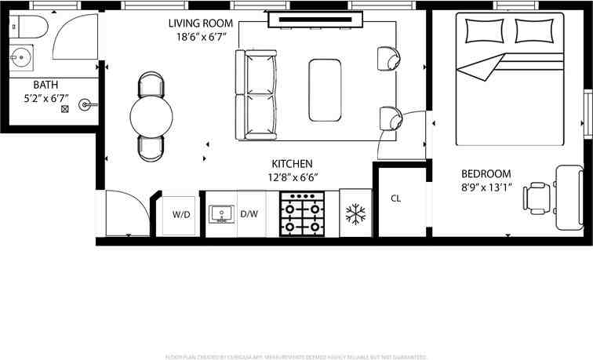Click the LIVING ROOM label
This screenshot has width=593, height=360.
[202, 23]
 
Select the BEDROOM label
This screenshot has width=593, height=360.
[486, 174]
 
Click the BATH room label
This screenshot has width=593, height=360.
[45, 85]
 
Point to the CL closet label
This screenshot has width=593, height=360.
[396, 198]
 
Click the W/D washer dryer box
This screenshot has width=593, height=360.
[181, 213]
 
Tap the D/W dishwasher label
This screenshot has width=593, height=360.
[249, 213]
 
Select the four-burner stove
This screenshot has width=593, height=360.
[303, 213]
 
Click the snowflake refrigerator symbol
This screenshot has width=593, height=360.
[355, 213]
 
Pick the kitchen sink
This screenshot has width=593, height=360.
[220, 213]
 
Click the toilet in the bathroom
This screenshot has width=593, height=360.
[26, 29]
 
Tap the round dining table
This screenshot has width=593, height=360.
[151, 117]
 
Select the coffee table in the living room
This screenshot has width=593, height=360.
[325, 89]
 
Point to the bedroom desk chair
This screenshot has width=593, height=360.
[538, 198]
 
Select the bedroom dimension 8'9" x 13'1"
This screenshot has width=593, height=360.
[486, 188]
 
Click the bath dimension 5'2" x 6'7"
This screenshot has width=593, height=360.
[45, 99]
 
